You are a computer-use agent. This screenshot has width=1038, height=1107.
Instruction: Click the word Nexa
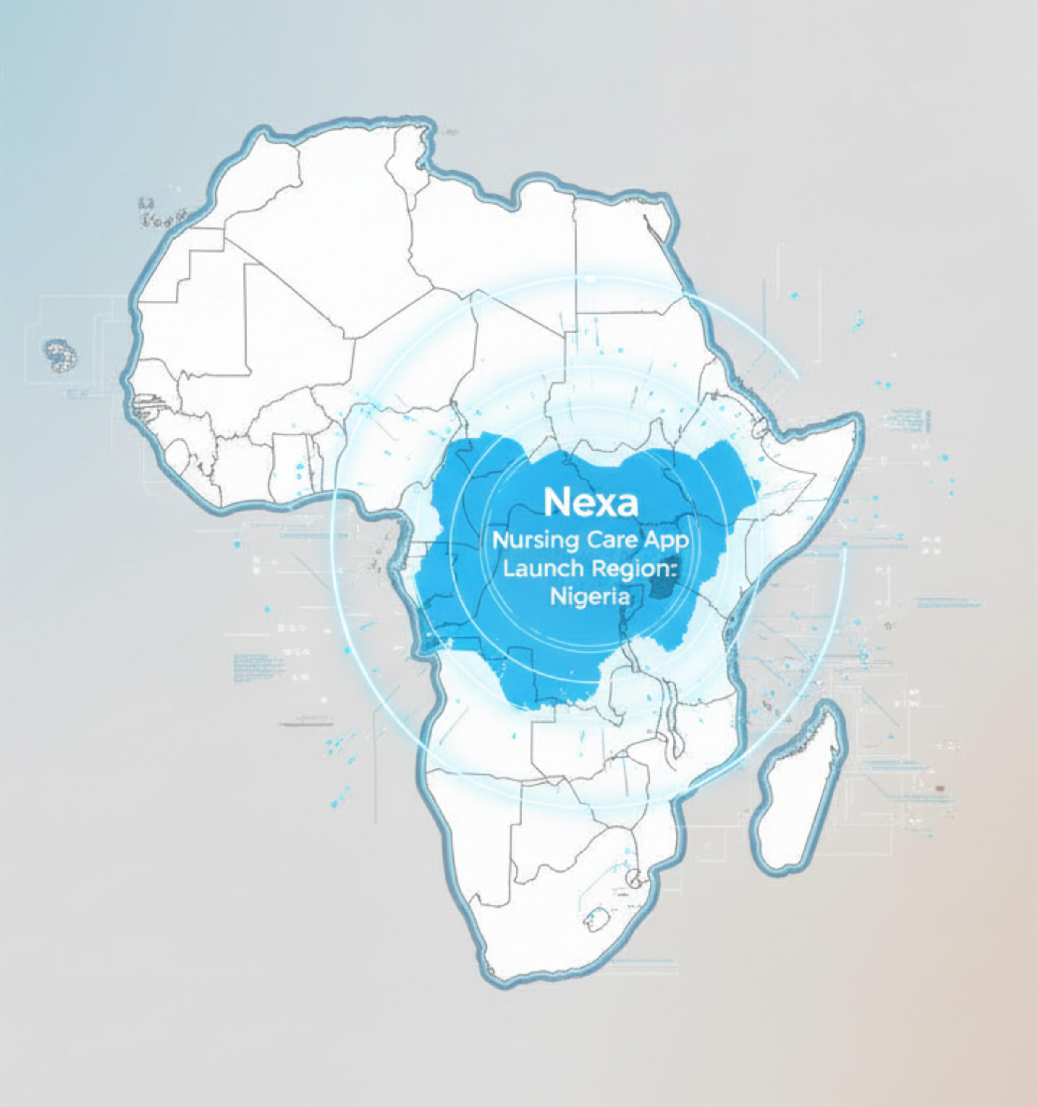click(x=591, y=503)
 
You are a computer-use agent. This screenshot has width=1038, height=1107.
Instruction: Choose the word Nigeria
click(x=590, y=597)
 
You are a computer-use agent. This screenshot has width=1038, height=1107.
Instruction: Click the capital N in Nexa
click(x=556, y=503)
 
